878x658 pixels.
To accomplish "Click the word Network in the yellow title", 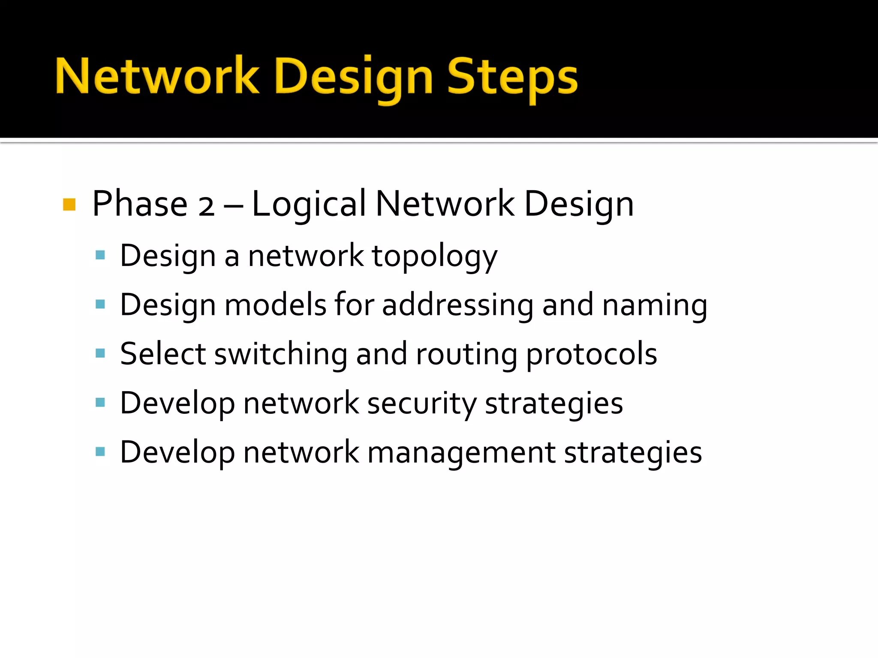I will (157, 76).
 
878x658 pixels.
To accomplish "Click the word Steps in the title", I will (512, 77).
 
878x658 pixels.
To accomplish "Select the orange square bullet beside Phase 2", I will (69, 204).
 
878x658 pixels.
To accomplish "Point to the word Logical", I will (309, 204).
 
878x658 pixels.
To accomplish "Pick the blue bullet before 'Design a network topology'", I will (100, 255).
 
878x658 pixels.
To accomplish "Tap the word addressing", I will (457, 305).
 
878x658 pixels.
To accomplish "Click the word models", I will (275, 305).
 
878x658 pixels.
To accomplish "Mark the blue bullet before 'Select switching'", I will (100, 353).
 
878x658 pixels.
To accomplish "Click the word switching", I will (281, 354).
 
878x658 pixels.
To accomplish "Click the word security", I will (421, 404).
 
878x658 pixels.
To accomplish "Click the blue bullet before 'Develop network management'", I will (100, 452).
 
